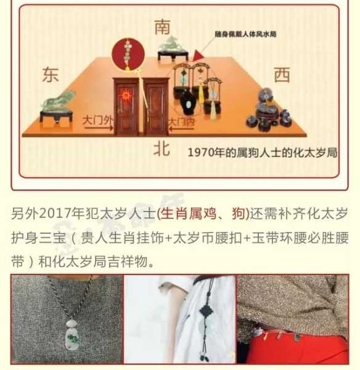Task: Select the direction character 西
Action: (282, 75)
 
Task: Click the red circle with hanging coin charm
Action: (128, 52)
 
